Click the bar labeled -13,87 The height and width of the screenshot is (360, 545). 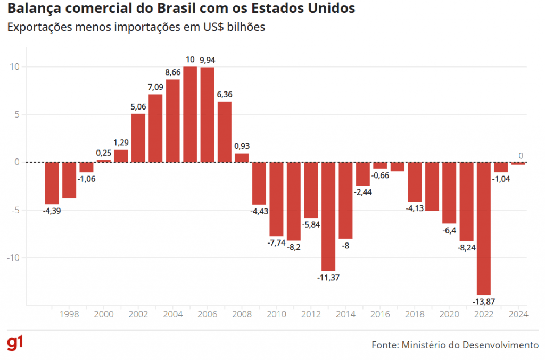pyautogui.click(x=484, y=228)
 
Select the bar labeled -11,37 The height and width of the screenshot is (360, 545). pyautogui.click(x=328, y=216)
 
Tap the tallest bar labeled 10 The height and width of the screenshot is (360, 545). pyautogui.click(x=190, y=114)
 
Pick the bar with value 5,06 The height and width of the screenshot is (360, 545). pyautogui.click(x=138, y=138)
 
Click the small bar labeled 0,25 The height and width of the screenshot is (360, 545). pyautogui.click(x=104, y=161)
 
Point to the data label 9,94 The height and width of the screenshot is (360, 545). pyautogui.click(x=208, y=60)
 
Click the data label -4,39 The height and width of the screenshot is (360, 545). pyautogui.click(x=52, y=211)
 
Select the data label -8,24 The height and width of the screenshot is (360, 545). pyautogui.click(x=467, y=247)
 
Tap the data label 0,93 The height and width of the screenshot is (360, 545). pyautogui.click(x=242, y=146)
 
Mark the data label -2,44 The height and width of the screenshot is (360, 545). pyautogui.click(x=363, y=192)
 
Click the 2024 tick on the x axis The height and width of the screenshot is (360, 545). pyautogui.click(x=518, y=314)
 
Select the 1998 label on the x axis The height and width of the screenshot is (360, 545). pyautogui.click(x=69, y=314)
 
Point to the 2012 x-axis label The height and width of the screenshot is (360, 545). pyautogui.click(x=311, y=314)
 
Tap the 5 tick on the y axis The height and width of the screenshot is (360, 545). pyautogui.click(x=17, y=114)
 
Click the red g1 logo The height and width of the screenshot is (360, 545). pyautogui.click(x=14, y=344)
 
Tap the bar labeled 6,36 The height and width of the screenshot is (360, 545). pyautogui.click(x=225, y=131)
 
